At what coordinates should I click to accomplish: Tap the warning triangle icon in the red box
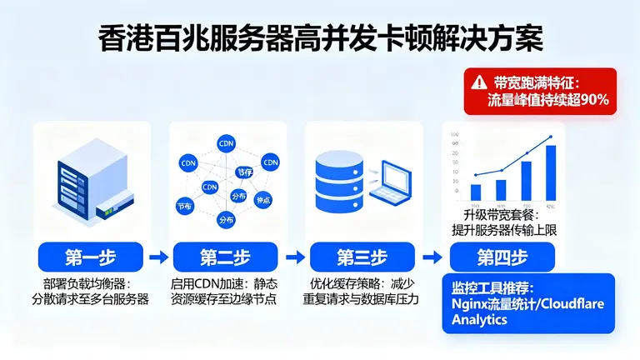tap(477, 82)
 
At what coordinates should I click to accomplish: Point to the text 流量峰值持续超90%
tap(547, 101)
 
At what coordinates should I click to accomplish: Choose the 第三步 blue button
tap(361, 256)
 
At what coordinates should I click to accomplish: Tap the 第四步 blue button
tap(502, 256)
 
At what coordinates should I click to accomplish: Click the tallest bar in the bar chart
tap(551, 172)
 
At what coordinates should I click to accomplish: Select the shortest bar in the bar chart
tap(476, 192)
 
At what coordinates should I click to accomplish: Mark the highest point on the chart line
tap(551, 137)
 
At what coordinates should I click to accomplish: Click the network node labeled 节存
tap(244, 172)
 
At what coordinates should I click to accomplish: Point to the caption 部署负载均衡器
tap(82, 284)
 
